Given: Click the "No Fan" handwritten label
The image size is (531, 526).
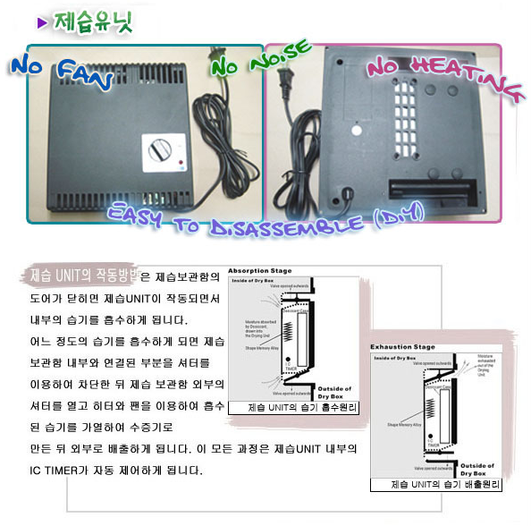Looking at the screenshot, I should coord(58,73).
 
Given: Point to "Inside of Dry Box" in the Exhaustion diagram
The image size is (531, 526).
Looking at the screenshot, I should coord(394,357).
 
